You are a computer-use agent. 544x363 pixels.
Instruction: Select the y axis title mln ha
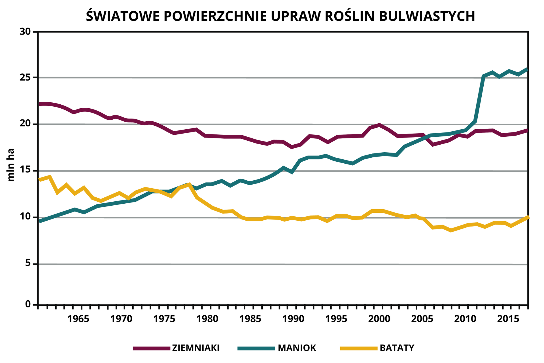click(10, 165)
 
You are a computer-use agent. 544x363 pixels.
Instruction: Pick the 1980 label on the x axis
click(207, 319)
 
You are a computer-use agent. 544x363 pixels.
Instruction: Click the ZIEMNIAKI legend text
click(195, 348)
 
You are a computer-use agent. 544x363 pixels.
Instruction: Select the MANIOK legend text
click(297, 348)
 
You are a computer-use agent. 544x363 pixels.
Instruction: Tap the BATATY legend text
click(397, 348)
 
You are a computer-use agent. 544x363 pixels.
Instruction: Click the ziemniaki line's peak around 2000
click(379, 125)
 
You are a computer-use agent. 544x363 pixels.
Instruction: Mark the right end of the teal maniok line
click(526, 69)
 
